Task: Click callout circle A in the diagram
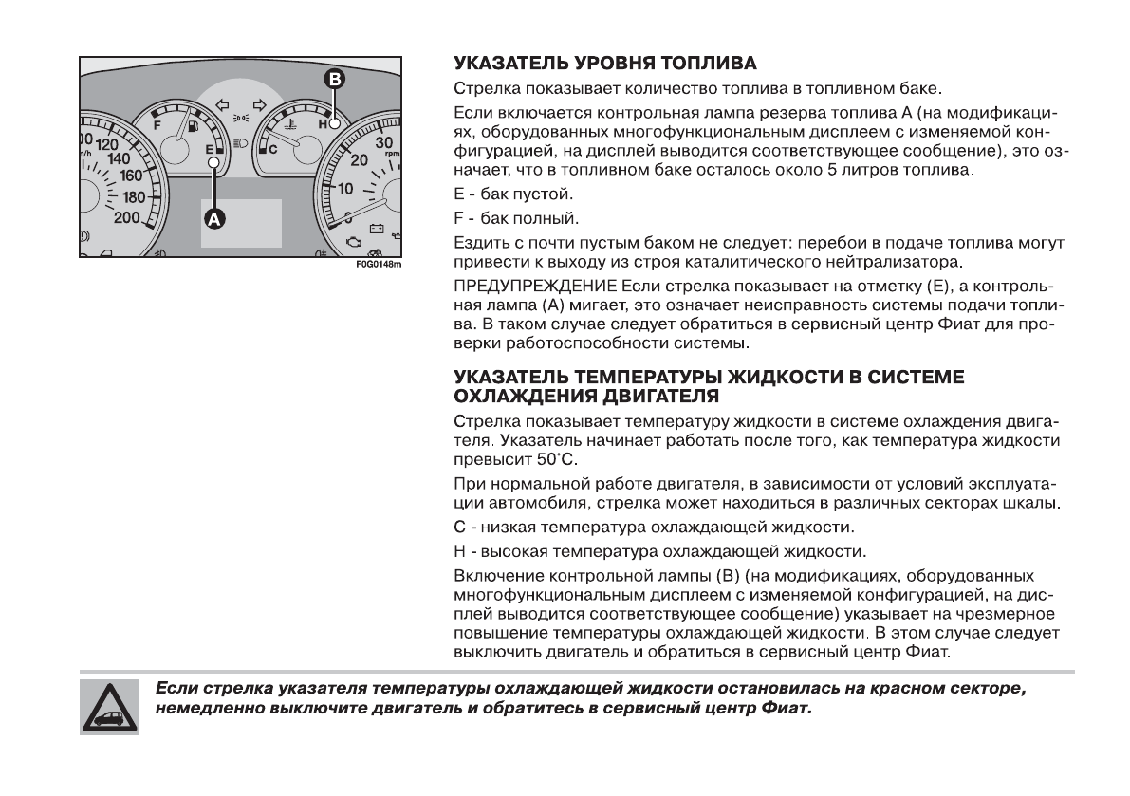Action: (x=214, y=218)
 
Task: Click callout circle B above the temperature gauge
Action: (x=334, y=80)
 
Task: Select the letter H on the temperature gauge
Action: (x=323, y=124)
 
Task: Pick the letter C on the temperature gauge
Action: (x=272, y=149)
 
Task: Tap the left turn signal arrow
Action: (x=223, y=104)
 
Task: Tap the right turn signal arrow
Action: (x=257, y=104)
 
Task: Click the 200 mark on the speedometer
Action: (x=127, y=217)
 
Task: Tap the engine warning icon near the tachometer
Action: (x=353, y=230)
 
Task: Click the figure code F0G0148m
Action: (x=380, y=264)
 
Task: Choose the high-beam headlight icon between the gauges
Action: (x=240, y=146)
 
